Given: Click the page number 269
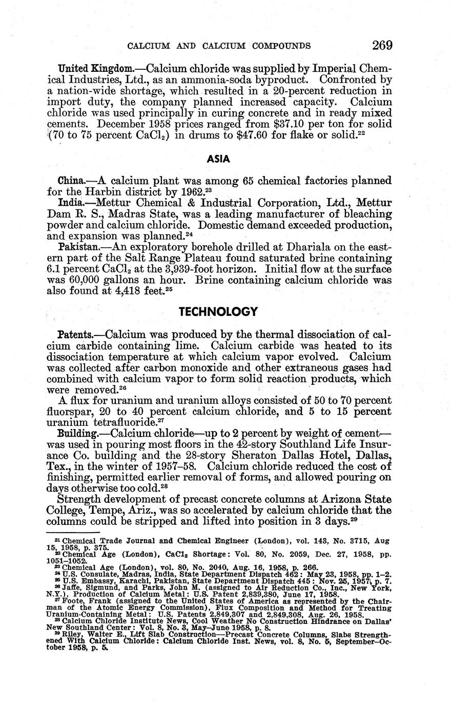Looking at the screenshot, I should point(382,45).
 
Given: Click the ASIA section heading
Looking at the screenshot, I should point(218,159).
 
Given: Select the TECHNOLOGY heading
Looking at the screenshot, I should point(218,311).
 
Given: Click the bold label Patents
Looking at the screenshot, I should point(74,335).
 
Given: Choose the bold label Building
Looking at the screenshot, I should point(76,434).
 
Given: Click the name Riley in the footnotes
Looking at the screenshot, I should point(70,635).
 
